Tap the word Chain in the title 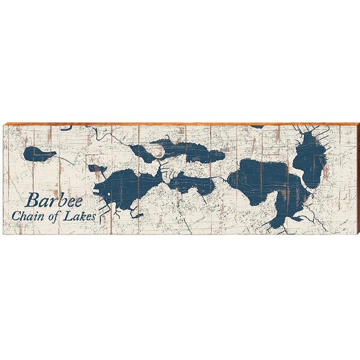click(38, 216)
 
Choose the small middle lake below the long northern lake click(192, 183)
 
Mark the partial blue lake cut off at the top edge click(257, 127)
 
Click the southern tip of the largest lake click(277, 223)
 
